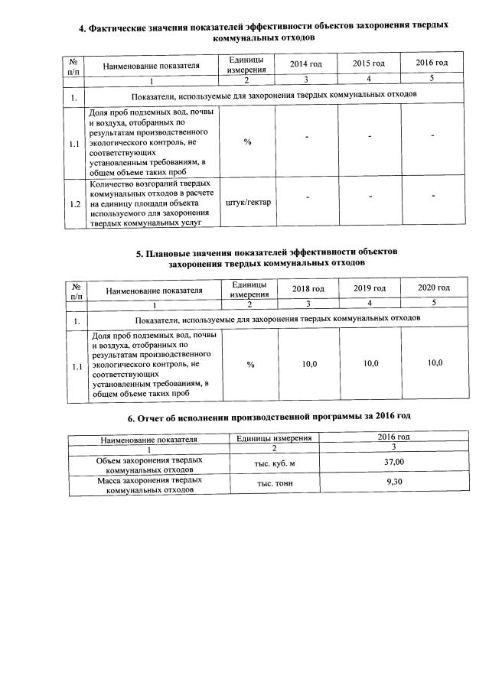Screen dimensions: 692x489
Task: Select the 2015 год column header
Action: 368,63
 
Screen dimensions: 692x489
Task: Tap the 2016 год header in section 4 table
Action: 432,63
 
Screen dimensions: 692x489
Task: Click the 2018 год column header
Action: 308,288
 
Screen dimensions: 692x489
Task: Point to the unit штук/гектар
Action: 248,203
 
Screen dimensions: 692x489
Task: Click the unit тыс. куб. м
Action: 274,464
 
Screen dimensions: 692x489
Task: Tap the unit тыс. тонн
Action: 274,484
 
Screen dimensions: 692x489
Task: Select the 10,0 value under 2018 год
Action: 309,363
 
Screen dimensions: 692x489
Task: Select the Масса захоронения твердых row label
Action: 148,485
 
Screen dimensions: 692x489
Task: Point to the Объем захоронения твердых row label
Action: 148,465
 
